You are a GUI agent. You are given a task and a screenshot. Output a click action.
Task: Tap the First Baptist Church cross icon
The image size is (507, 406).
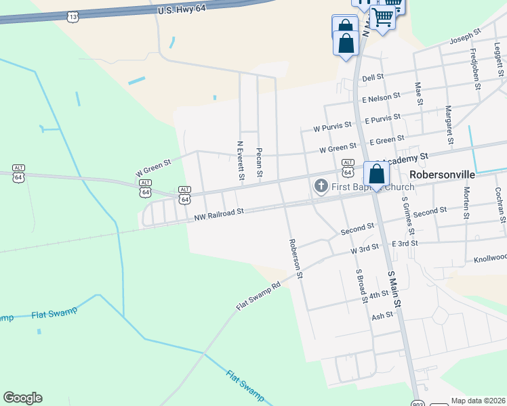click(321, 185)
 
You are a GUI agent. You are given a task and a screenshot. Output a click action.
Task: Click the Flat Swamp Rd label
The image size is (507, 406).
click(258, 296)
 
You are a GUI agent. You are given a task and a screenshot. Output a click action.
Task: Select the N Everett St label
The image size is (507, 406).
click(241, 160)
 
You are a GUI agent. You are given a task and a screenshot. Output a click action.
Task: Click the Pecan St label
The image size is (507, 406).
click(259, 163)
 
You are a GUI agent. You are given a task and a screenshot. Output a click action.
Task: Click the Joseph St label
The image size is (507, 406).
click(467, 33)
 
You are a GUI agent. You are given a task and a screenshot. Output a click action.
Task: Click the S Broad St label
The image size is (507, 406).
click(361, 284)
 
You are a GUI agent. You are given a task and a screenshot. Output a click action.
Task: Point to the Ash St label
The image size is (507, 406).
click(382, 316)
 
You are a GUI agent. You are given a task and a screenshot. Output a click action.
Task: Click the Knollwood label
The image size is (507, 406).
click(490, 258)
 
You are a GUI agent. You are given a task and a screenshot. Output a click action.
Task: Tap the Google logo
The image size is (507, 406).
click(22, 398)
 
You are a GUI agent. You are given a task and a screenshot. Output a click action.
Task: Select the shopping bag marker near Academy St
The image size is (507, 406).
click(376, 174)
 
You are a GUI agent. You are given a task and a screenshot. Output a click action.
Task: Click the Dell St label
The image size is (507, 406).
click(373, 78)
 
